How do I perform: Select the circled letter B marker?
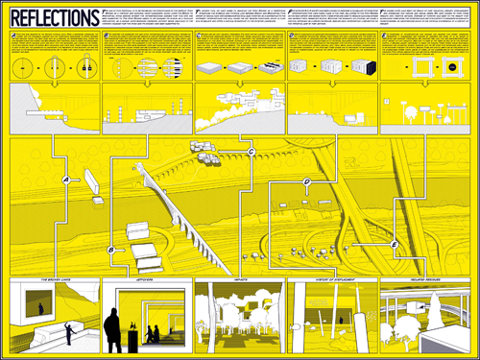coord(111,250)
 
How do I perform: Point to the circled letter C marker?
coord(250,153)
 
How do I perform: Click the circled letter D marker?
coord(306,181)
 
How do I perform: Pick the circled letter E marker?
coord(395,245)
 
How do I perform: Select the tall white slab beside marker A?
coord(93,183)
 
